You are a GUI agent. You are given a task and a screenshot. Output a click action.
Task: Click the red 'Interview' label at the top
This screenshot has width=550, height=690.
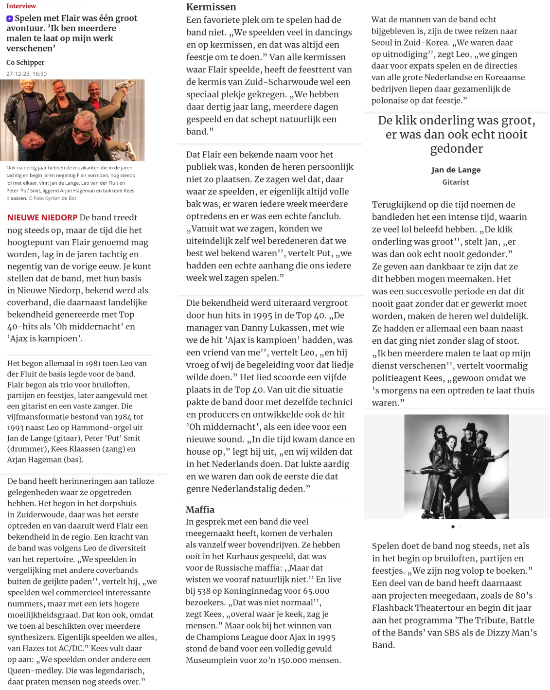[x=21, y=6]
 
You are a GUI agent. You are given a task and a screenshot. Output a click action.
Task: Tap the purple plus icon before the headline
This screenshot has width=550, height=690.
[x=10, y=18]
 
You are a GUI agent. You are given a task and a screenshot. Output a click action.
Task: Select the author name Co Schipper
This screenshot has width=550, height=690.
[x=25, y=62]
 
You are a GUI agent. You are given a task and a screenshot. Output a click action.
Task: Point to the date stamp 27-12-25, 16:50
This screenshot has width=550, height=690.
[x=27, y=74]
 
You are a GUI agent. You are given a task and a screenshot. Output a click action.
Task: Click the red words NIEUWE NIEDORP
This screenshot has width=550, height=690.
[x=42, y=217]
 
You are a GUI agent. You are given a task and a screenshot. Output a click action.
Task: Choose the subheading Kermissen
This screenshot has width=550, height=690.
[x=211, y=7]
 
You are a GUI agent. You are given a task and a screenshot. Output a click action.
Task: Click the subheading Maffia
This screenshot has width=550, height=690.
[x=200, y=509]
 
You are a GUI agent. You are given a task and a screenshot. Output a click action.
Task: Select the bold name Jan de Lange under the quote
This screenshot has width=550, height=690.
[x=456, y=170]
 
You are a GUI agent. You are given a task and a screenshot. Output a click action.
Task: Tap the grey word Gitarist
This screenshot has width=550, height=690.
[x=456, y=182]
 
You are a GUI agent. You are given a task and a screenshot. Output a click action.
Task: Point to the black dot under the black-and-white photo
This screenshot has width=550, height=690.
[x=453, y=527]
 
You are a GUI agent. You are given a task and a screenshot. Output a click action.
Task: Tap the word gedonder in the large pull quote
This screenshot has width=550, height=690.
[x=456, y=148]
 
